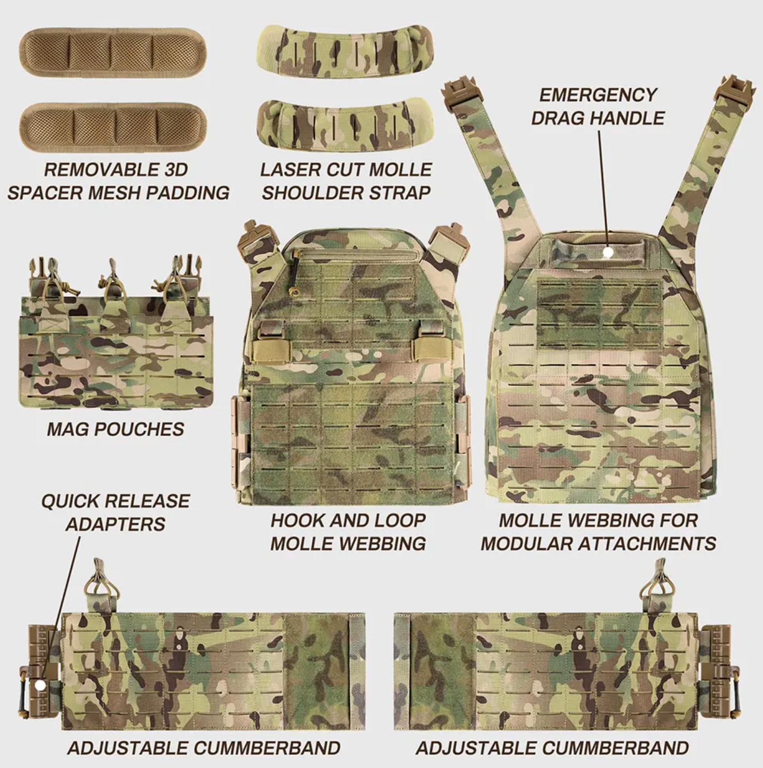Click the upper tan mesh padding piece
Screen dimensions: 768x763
112,53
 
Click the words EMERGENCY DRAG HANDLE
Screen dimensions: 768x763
598,107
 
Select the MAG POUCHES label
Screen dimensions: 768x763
115,429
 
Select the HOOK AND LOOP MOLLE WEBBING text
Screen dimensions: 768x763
348,532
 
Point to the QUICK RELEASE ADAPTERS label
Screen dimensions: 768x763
115,513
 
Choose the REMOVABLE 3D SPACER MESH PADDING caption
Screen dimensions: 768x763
118,181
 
